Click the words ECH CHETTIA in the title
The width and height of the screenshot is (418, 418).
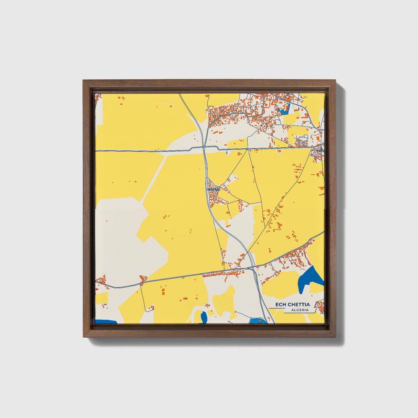pyautogui.click(x=292, y=304)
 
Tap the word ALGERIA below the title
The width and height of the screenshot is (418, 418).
pyautogui.click(x=300, y=310)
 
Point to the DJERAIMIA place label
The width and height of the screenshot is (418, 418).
pyautogui.click(x=214, y=189)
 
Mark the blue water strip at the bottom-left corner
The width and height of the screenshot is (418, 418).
pyautogui.click(x=106, y=322)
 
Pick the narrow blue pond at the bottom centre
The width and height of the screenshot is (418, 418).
pyautogui.click(x=204, y=318)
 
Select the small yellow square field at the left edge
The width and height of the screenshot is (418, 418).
pyautogui.click(x=101, y=298)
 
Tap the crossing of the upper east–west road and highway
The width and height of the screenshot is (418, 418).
pyautogui.click(x=204, y=148)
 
